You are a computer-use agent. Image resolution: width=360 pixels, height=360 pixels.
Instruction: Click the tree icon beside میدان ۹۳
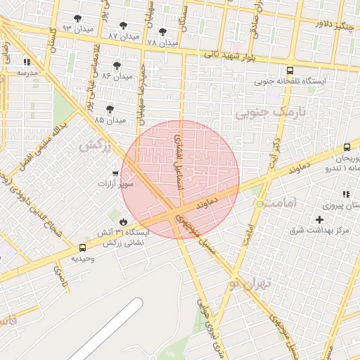[77, 19]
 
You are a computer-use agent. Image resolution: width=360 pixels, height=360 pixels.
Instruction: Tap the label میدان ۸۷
[124, 35]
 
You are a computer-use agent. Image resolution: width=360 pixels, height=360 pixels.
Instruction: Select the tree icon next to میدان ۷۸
[163, 32]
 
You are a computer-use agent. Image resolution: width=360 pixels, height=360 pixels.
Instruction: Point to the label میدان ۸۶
[117, 75]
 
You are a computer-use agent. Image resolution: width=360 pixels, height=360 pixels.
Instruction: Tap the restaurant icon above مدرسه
[27, 62]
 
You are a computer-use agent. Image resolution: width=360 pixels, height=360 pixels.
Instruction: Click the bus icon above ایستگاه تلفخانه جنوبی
[290, 70]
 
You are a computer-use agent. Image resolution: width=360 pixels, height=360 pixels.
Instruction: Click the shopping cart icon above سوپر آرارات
[115, 173]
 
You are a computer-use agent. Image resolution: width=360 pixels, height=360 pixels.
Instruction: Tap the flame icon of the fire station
[124, 222]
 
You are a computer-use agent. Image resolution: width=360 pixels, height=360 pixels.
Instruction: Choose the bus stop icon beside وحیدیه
[84, 247]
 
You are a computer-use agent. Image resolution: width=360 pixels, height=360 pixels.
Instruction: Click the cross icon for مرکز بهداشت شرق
[320, 220]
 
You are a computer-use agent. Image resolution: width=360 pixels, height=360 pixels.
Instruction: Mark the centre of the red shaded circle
[181, 179]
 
